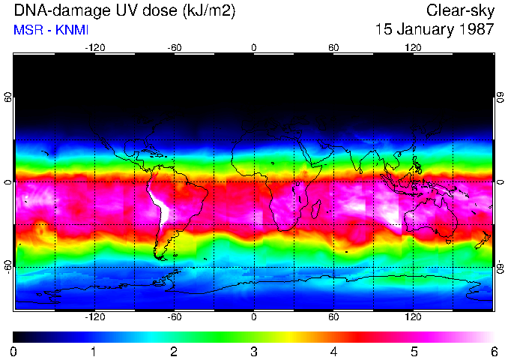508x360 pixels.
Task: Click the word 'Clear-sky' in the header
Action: [460, 10]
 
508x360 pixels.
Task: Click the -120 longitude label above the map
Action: [94, 47]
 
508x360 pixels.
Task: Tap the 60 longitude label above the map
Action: [333, 47]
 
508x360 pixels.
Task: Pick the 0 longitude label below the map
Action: [254, 316]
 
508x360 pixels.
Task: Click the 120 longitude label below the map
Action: [413, 316]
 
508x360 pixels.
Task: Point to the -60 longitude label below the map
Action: [174, 316]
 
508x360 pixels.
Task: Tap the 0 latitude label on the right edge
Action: [500, 182]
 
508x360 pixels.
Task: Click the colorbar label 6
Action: [493, 351]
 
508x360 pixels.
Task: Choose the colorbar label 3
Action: [253, 351]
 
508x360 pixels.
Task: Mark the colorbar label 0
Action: [14, 351]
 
